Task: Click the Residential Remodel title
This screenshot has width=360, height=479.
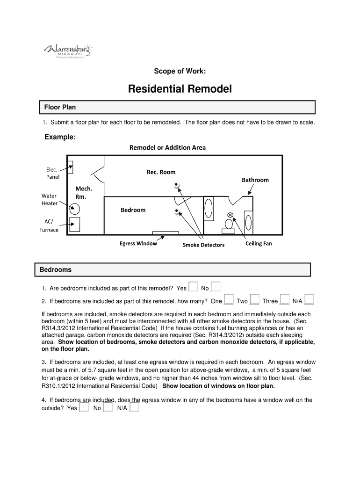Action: pos(180,89)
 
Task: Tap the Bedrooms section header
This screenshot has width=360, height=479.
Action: pos(56,270)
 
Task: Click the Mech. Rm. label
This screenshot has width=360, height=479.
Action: pos(84,193)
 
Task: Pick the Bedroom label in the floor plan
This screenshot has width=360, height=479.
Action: pos(133,210)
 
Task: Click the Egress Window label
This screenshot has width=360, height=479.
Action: pos(138,244)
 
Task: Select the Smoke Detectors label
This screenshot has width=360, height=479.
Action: pos(203,245)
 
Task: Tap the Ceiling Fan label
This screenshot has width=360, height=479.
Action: pos(259,244)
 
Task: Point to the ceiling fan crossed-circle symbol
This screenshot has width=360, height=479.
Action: pos(230,215)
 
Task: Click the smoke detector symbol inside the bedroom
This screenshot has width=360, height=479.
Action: pos(176,211)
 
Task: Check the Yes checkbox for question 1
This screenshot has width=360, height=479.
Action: pos(193,287)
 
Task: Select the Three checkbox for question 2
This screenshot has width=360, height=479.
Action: pos(285,300)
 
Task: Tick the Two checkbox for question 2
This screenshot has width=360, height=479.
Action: pos(254,300)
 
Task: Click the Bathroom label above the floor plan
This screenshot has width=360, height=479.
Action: pos(255,180)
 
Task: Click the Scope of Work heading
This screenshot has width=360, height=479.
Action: pos(180,71)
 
